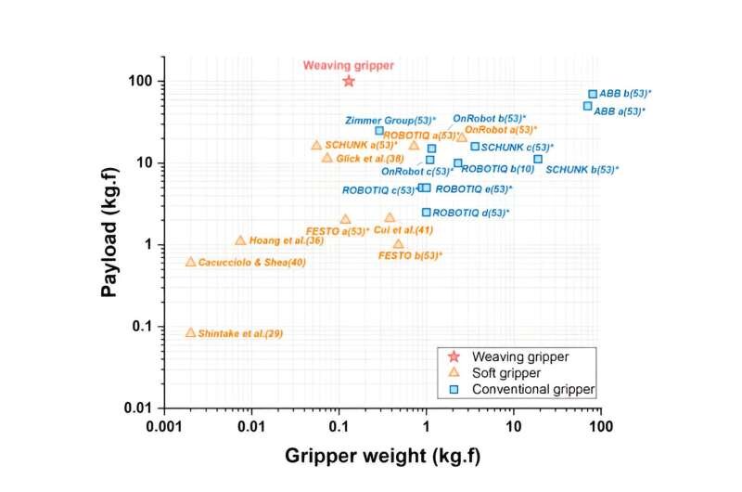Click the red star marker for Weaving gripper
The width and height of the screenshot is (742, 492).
coord(349,81)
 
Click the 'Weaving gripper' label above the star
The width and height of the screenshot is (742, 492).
coord(349,65)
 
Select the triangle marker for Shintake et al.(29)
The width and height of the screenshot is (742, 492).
coord(191,332)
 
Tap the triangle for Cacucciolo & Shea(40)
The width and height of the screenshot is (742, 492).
coord(191,262)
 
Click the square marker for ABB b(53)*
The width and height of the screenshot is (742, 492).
coord(593,94)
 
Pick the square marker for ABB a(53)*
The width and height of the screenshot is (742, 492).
coord(587,106)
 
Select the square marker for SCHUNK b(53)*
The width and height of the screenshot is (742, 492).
coord(538,159)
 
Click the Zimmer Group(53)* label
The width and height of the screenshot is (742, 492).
coord(390,120)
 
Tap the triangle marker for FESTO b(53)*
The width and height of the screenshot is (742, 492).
coord(399,244)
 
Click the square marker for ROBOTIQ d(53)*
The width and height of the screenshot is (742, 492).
coord(427,212)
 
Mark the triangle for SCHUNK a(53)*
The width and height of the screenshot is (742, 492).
coord(316,145)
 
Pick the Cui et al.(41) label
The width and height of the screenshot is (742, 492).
coord(403,229)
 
